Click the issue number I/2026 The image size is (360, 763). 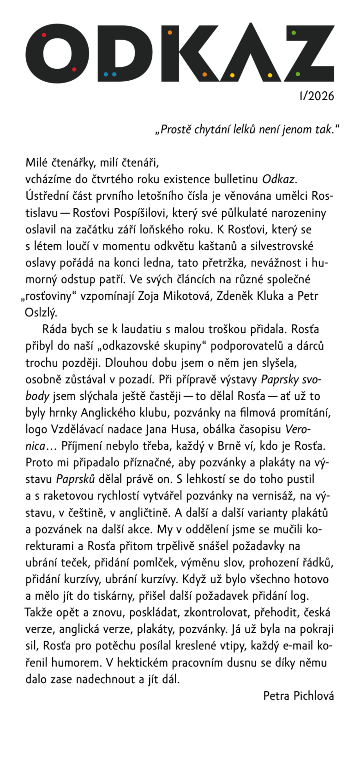pyautogui.click(x=316, y=96)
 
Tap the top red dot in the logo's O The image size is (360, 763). pyautogui.click(x=44, y=35)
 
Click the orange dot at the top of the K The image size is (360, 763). pyautogui.click(x=170, y=33)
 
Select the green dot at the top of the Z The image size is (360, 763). pyautogui.click(x=294, y=33)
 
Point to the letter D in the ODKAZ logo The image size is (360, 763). pyautogui.click(x=124, y=53)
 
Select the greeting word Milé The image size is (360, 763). pyautogui.click(x=37, y=162)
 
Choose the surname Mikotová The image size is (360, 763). pyautogui.click(x=184, y=296)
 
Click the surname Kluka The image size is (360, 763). pyautogui.click(x=270, y=296)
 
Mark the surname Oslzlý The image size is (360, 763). pyautogui.click(x=40, y=313)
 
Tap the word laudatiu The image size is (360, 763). pyautogui.click(x=141, y=329)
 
